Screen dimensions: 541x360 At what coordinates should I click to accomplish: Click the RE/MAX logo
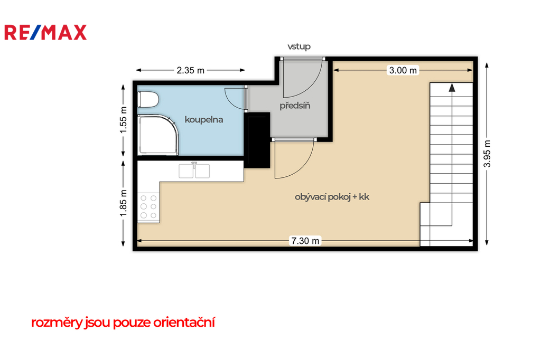[x=45, y=32]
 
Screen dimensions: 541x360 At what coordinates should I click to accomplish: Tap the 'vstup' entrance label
[x=299, y=46]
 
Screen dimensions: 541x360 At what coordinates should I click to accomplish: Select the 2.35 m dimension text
[x=190, y=70]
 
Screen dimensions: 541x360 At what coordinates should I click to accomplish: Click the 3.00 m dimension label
[x=403, y=70]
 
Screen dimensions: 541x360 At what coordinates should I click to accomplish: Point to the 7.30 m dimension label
[x=305, y=241]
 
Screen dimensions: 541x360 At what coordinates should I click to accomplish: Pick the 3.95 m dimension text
[x=487, y=154]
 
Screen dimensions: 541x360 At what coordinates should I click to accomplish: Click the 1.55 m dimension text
[x=123, y=120]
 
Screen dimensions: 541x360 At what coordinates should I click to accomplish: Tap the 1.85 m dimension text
[x=123, y=203]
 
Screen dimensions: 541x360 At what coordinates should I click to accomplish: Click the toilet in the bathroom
[x=148, y=100]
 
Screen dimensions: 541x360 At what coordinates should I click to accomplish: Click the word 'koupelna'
[x=204, y=120]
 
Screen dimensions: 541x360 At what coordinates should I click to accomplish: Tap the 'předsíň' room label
[x=295, y=105]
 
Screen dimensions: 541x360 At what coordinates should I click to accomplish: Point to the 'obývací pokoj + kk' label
[x=332, y=197]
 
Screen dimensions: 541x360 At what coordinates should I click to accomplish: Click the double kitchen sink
[x=194, y=170]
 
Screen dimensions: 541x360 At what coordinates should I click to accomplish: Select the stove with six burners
[x=148, y=207]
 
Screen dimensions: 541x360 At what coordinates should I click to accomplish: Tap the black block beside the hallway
[x=257, y=140]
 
